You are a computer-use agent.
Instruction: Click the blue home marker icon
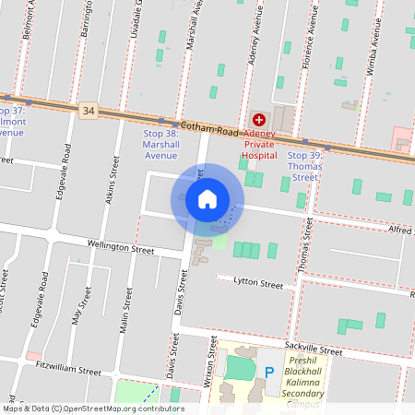(207, 198)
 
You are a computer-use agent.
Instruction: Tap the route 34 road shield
(88, 110)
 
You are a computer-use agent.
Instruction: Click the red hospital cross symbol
(259, 119)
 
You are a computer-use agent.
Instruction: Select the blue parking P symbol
(269, 372)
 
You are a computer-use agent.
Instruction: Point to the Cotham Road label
(209, 127)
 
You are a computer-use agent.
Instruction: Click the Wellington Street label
(120, 248)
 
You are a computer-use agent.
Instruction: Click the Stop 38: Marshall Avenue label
(160, 144)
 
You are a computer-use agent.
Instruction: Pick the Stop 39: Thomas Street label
(303, 166)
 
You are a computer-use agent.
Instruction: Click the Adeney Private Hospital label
(259, 144)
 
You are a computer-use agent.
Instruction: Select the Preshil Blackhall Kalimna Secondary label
(303, 376)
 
